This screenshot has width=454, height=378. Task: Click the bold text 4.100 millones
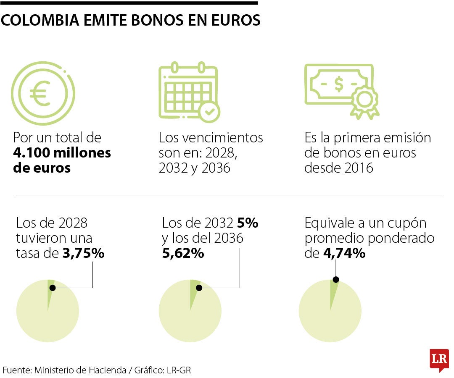click(62, 153)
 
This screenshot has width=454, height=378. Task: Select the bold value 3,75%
click(83, 253)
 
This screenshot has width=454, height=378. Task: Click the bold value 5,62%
click(183, 253)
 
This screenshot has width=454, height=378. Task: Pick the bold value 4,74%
click(344, 253)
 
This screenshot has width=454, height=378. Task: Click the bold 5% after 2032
click(248, 223)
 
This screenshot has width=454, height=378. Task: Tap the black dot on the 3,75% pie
click(53, 288)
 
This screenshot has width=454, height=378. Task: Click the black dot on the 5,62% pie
click(199, 288)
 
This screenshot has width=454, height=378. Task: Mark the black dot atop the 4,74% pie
click(335, 279)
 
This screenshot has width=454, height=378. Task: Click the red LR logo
click(439, 360)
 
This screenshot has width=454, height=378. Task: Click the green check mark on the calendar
click(209, 111)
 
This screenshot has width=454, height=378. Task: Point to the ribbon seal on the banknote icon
click(364, 103)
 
